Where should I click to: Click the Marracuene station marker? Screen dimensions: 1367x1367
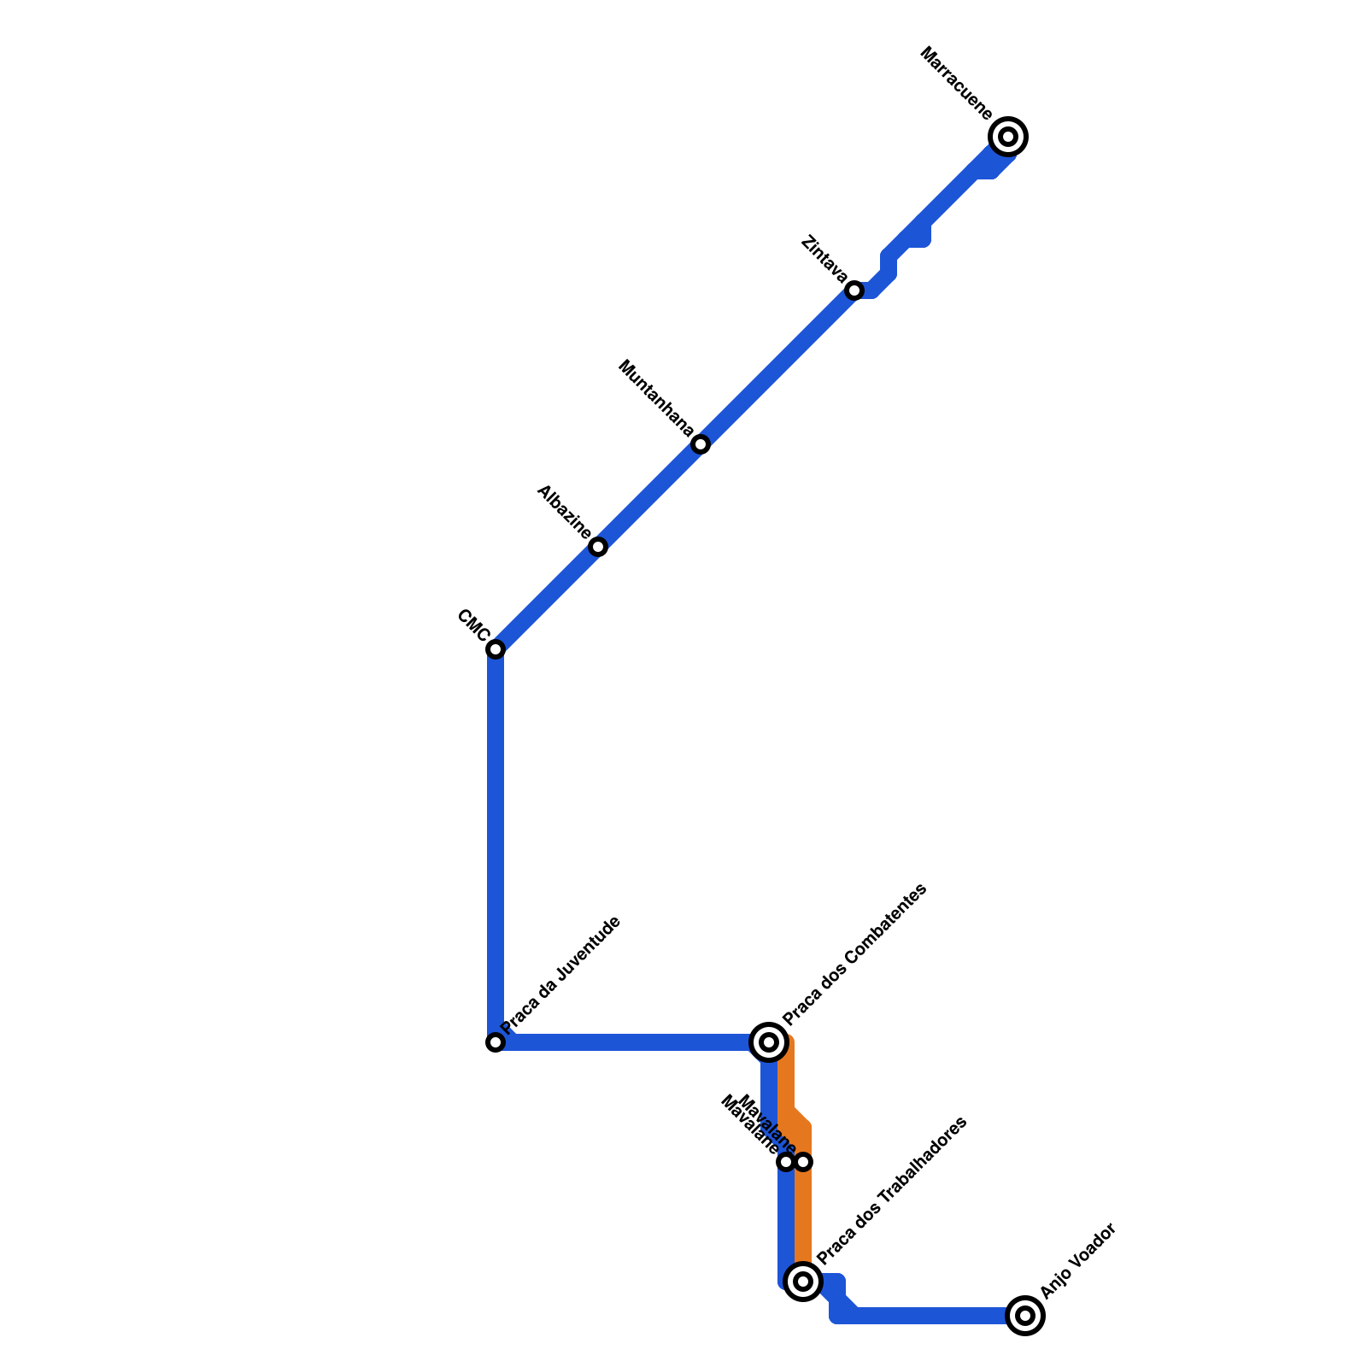pos(1008,137)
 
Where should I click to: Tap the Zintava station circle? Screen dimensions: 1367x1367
pos(854,290)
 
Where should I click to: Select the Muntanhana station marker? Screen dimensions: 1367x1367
pos(701,444)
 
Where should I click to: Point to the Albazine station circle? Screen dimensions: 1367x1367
pos(598,547)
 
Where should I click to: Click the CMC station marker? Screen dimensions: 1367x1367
pos(496,649)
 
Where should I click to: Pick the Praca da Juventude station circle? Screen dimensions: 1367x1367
pos(496,1042)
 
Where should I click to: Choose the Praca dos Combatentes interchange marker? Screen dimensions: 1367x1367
pos(769,1042)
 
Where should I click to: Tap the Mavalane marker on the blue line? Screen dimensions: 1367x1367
pos(786,1162)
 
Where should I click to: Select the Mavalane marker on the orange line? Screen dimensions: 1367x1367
pos(803,1162)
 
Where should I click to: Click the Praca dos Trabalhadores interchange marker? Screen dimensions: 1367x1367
pos(803,1282)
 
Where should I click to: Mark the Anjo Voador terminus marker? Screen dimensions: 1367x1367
pos(1025,1316)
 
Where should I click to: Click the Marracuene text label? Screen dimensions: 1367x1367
pos(957,84)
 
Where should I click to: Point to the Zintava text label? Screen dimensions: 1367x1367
pos(824,259)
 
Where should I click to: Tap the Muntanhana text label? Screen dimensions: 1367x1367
pos(655,398)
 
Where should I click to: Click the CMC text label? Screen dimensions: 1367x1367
pos(472,625)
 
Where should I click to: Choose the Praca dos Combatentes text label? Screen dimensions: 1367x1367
pos(854,954)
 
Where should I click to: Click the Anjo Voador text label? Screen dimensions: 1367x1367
pos(1078,1261)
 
